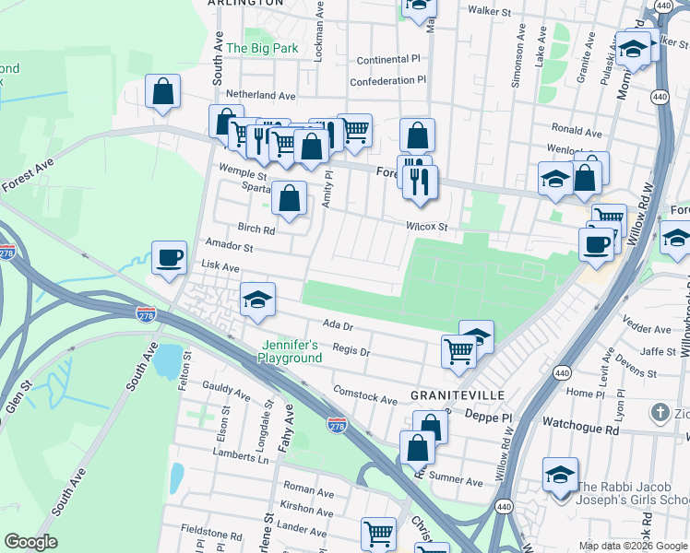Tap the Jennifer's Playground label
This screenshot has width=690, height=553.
(290, 352)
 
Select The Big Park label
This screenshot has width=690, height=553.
(262, 48)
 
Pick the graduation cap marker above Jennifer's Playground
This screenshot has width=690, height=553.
(257, 300)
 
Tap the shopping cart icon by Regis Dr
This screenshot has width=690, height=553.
(458, 350)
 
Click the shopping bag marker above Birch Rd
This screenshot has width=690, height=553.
(290, 198)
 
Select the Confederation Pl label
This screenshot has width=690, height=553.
(388, 79)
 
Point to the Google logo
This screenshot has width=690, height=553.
(30, 542)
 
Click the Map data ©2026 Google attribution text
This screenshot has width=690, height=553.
(632, 546)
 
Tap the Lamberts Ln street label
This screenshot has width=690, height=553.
(238, 454)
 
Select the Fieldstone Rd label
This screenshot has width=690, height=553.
(210, 534)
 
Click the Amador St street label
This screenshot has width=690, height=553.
(229, 247)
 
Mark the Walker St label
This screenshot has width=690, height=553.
(489, 12)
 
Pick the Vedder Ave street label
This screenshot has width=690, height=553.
(647, 329)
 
